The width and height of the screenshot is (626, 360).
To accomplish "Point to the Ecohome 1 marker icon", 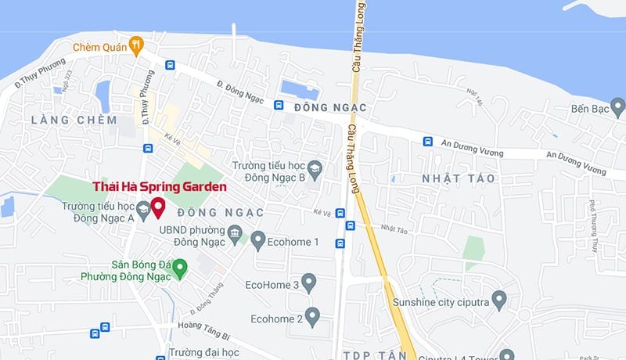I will (259, 242).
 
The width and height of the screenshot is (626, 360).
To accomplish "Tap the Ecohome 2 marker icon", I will (313, 319).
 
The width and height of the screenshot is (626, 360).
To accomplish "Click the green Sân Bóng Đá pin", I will (180, 269).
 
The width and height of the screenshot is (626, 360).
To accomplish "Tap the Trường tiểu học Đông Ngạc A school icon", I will (143, 209).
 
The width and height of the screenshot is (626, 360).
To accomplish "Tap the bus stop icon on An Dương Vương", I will (428, 142).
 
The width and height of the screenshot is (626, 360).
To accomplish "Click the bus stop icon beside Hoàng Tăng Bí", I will (95, 334).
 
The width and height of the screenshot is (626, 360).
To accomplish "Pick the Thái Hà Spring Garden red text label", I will (160, 187).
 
